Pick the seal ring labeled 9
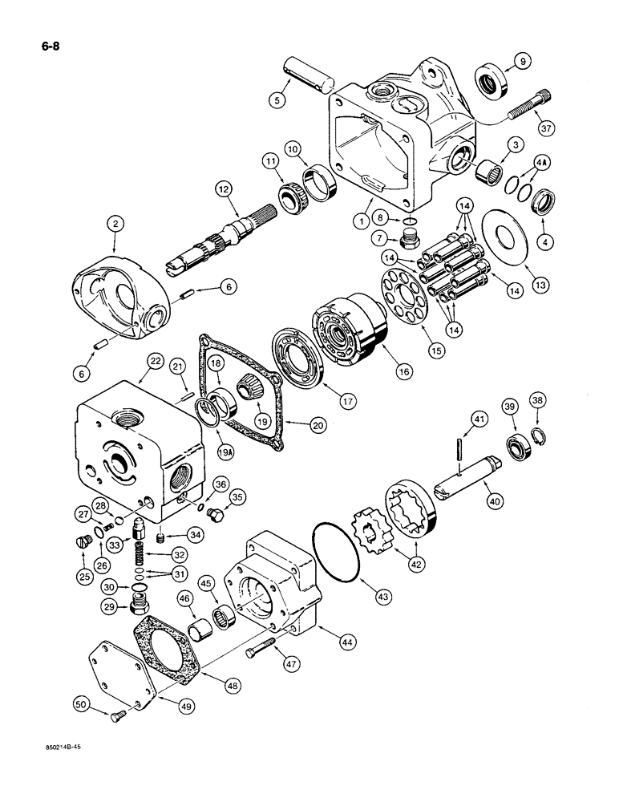click(488, 82)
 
